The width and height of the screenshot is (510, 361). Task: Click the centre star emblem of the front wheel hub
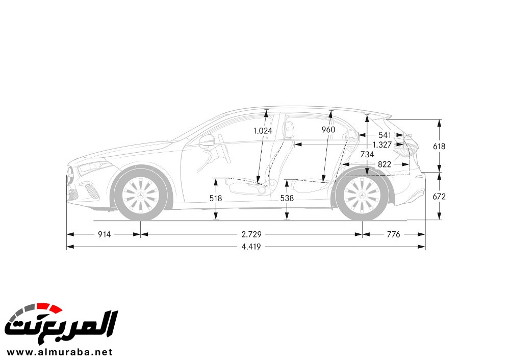(x=141, y=195)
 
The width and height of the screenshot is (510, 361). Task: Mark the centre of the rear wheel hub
(x=362, y=195)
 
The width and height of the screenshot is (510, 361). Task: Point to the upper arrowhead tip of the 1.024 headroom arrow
(x=266, y=110)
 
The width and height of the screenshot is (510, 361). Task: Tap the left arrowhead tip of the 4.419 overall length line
(x=67, y=247)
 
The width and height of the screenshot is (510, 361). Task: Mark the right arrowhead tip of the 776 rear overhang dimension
(x=425, y=234)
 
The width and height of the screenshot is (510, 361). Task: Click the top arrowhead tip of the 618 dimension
(x=440, y=119)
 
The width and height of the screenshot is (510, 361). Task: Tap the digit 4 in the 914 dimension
(x=109, y=234)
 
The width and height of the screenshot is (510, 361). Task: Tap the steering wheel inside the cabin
(x=224, y=149)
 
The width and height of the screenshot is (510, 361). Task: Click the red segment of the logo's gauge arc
(x=49, y=307)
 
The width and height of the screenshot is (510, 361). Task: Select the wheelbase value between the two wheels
(x=251, y=234)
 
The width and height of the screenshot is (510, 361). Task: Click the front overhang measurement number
(x=105, y=234)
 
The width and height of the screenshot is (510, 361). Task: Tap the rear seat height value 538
(x=287, y=198)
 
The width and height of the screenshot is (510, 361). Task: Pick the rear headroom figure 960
(x=328, y=130)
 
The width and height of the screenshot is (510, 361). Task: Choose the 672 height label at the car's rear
(x=439, y=197)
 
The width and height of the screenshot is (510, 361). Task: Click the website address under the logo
(x=60, y=352)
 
